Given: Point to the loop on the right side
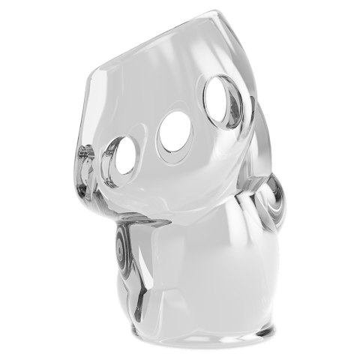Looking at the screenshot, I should (271, 198).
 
